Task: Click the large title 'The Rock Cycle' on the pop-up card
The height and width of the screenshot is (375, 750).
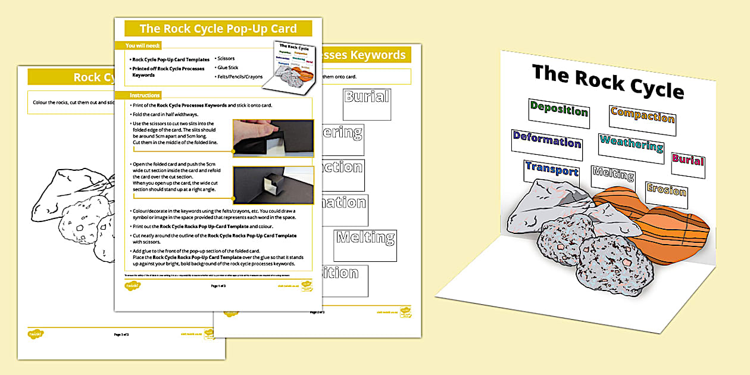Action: pyautogui.click(x=607, y=81)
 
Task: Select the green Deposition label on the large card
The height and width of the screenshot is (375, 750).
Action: pyautogui.click(x=558, y=110)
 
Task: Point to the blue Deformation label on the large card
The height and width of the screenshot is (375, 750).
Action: pyautogui.click(x=546, y=141)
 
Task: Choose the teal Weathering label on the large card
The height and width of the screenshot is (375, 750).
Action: pyautogui.click(x=631, y=144)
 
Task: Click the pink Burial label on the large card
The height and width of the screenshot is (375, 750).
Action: pyautogui.click(x=687, y=160)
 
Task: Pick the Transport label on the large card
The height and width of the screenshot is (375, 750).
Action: pyautogui.click(x=551, y=170)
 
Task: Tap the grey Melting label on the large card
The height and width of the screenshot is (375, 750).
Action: pyautogui.click(x=613, y=175)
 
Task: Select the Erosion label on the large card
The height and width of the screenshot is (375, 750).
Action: pyautogui.click(x=666, y=190)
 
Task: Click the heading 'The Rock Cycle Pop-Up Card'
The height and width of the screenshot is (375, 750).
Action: pyautogui.click(x=218, y=29)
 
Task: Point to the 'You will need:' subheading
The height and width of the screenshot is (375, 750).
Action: pyautogui.click(x=143, y=46)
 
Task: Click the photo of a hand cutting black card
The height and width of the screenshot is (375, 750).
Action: pyautogui.click(x=273, y=137)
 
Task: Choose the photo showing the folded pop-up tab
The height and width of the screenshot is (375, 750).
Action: pyautogui.click(x=273, y=185)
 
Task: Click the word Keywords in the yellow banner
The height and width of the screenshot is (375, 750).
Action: pyautogui.click(x=377, y=55)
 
